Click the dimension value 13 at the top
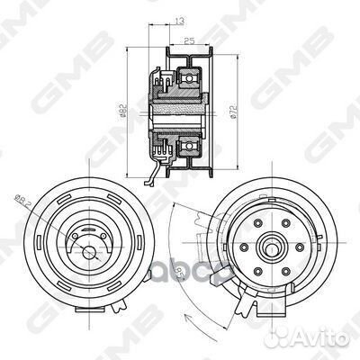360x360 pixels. click(x=181, y=20)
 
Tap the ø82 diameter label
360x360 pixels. click(x=126, y=111)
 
